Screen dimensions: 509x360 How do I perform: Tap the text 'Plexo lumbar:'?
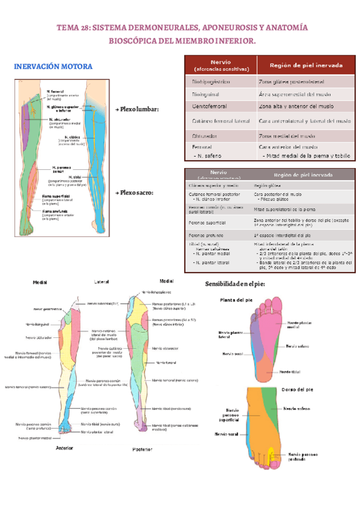(139, 110)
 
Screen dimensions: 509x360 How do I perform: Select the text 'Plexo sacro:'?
(136, 193)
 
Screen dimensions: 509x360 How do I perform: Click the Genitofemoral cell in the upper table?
(212, 106)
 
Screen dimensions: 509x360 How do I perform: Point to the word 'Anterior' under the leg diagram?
(64, 448)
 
